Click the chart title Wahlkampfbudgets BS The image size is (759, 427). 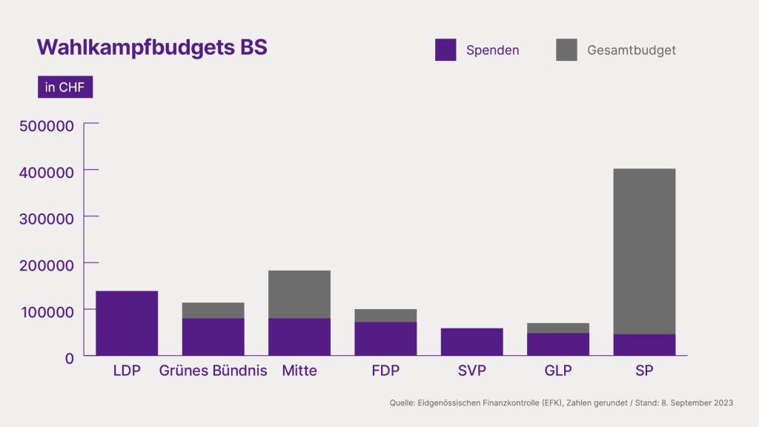coord(152,47)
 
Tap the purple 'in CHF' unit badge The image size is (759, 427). coord(65,87)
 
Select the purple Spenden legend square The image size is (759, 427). coord(445,50)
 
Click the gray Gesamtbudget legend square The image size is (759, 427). coord(566,50)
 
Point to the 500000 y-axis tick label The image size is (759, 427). coord(46,126)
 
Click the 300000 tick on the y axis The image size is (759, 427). coord(46,219)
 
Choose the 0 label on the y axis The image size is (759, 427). coord(69,357)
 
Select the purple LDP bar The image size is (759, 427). coord(127,323)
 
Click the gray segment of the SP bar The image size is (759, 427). coord(644,251)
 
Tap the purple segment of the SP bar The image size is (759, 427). coord(644,345)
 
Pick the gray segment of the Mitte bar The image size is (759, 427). coord(299,294)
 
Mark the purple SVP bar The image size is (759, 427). coord(472,342)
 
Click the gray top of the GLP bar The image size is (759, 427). coord(558,328)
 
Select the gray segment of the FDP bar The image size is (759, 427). coord(385,315)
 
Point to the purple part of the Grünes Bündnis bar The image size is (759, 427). coord(213,337)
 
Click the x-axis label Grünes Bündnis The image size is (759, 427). coord(213,371)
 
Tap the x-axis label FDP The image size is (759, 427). coord(385,371)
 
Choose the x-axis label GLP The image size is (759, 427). coord(558,371)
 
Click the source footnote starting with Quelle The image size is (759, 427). coord(561,403)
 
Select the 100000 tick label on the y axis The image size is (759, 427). coord(46,311)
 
